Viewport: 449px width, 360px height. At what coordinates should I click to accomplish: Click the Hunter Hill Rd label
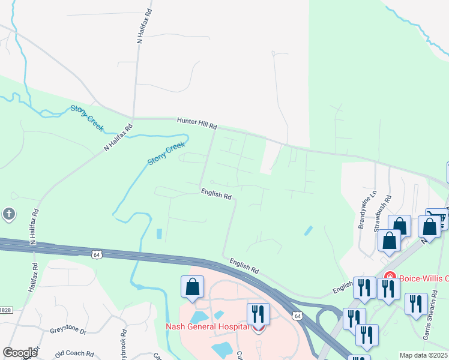pos(196,124)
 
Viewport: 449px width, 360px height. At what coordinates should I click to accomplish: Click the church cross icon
pos(8,214)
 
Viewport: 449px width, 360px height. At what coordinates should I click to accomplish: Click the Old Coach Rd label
pos(76,355)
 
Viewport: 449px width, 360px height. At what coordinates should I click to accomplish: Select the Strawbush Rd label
pos(380,214)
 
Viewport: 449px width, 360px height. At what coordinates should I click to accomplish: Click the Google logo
pos(20,353)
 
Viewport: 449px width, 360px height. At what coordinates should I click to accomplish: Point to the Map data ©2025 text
pos(424,355)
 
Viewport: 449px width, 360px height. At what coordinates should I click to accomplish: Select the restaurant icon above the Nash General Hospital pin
pos(258,313)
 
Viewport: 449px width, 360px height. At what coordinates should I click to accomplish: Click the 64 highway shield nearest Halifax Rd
pos(96,254)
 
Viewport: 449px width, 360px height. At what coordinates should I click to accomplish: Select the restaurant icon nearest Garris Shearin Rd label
pos(415,304)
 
